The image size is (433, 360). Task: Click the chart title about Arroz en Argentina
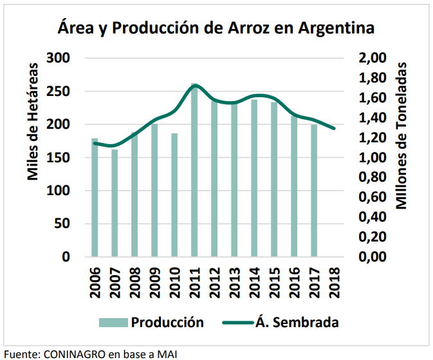[216, 28]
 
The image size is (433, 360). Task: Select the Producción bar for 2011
[194, 171]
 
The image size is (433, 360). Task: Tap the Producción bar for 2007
[115, 203]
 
